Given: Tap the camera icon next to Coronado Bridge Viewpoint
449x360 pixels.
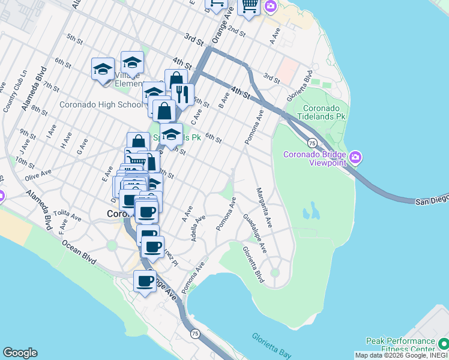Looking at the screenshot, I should click(x=355, y=158).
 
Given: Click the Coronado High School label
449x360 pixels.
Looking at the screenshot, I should click(x=101, y=104).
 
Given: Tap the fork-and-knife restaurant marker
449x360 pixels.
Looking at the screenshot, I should click(x=182, y=94).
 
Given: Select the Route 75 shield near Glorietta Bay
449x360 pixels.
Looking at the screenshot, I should click(x=195, y=333).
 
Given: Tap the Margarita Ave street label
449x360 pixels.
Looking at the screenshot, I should click(x=264, y=208).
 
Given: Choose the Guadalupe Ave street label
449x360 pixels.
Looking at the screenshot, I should click(x=255, y=230).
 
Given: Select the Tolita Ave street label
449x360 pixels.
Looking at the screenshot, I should click(x=66, y=214).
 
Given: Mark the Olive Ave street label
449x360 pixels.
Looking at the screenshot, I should click(x=38, y=176).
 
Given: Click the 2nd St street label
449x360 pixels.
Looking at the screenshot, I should click(x=237, y=31).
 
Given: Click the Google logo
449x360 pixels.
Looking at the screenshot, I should click(x=20, y=353).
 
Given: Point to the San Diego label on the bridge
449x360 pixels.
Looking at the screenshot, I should click(x=432, y=200).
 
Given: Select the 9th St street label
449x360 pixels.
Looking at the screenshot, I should click(x=28, y=134).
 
